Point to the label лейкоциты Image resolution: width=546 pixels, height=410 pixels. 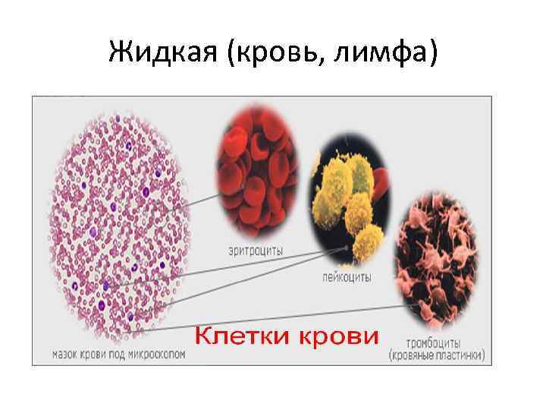pyautogui.click(x=347, y=277)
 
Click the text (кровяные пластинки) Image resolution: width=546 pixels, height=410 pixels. pyautogui.click(x=436, y=355)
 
